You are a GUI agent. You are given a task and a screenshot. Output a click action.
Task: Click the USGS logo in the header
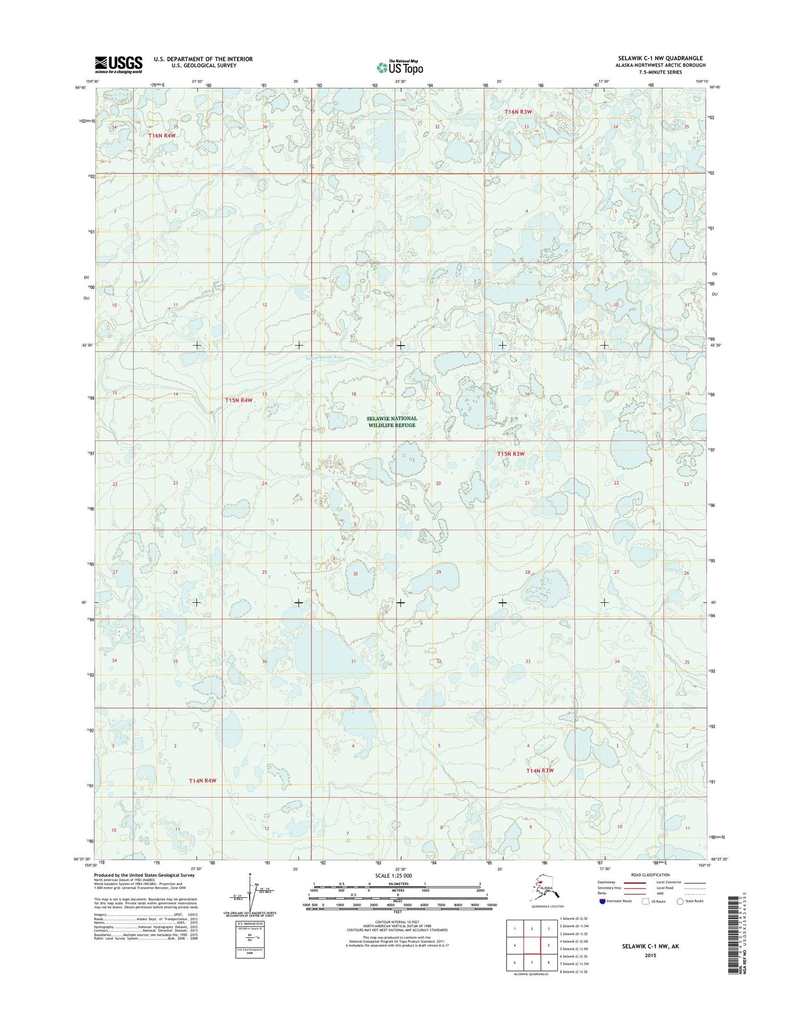click(x=118, y=64)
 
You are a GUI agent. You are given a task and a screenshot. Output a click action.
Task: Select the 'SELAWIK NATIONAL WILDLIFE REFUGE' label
click(x=392, y=422)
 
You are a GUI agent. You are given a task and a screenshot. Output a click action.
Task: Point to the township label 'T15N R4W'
click(x=238, y=400)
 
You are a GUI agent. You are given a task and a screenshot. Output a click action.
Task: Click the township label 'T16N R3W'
click(x=518, y=111)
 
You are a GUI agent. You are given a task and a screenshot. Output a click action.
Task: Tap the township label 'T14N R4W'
click(x=203, y=781)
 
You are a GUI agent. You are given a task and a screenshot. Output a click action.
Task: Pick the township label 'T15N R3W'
click(x=511, y=454)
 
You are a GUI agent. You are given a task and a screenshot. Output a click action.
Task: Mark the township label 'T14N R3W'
click(x=540, y=771)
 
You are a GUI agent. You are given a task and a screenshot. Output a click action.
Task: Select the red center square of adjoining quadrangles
click(x=532, y=946)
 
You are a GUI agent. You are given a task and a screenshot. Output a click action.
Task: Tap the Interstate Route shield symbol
click(x=602, y=901)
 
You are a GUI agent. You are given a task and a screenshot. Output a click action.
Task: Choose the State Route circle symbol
click(x=680, y=901)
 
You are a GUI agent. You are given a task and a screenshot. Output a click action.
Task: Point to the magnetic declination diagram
click(x=249, y=892)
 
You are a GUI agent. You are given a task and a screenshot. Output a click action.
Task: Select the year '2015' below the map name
click(x=650, y=955)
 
